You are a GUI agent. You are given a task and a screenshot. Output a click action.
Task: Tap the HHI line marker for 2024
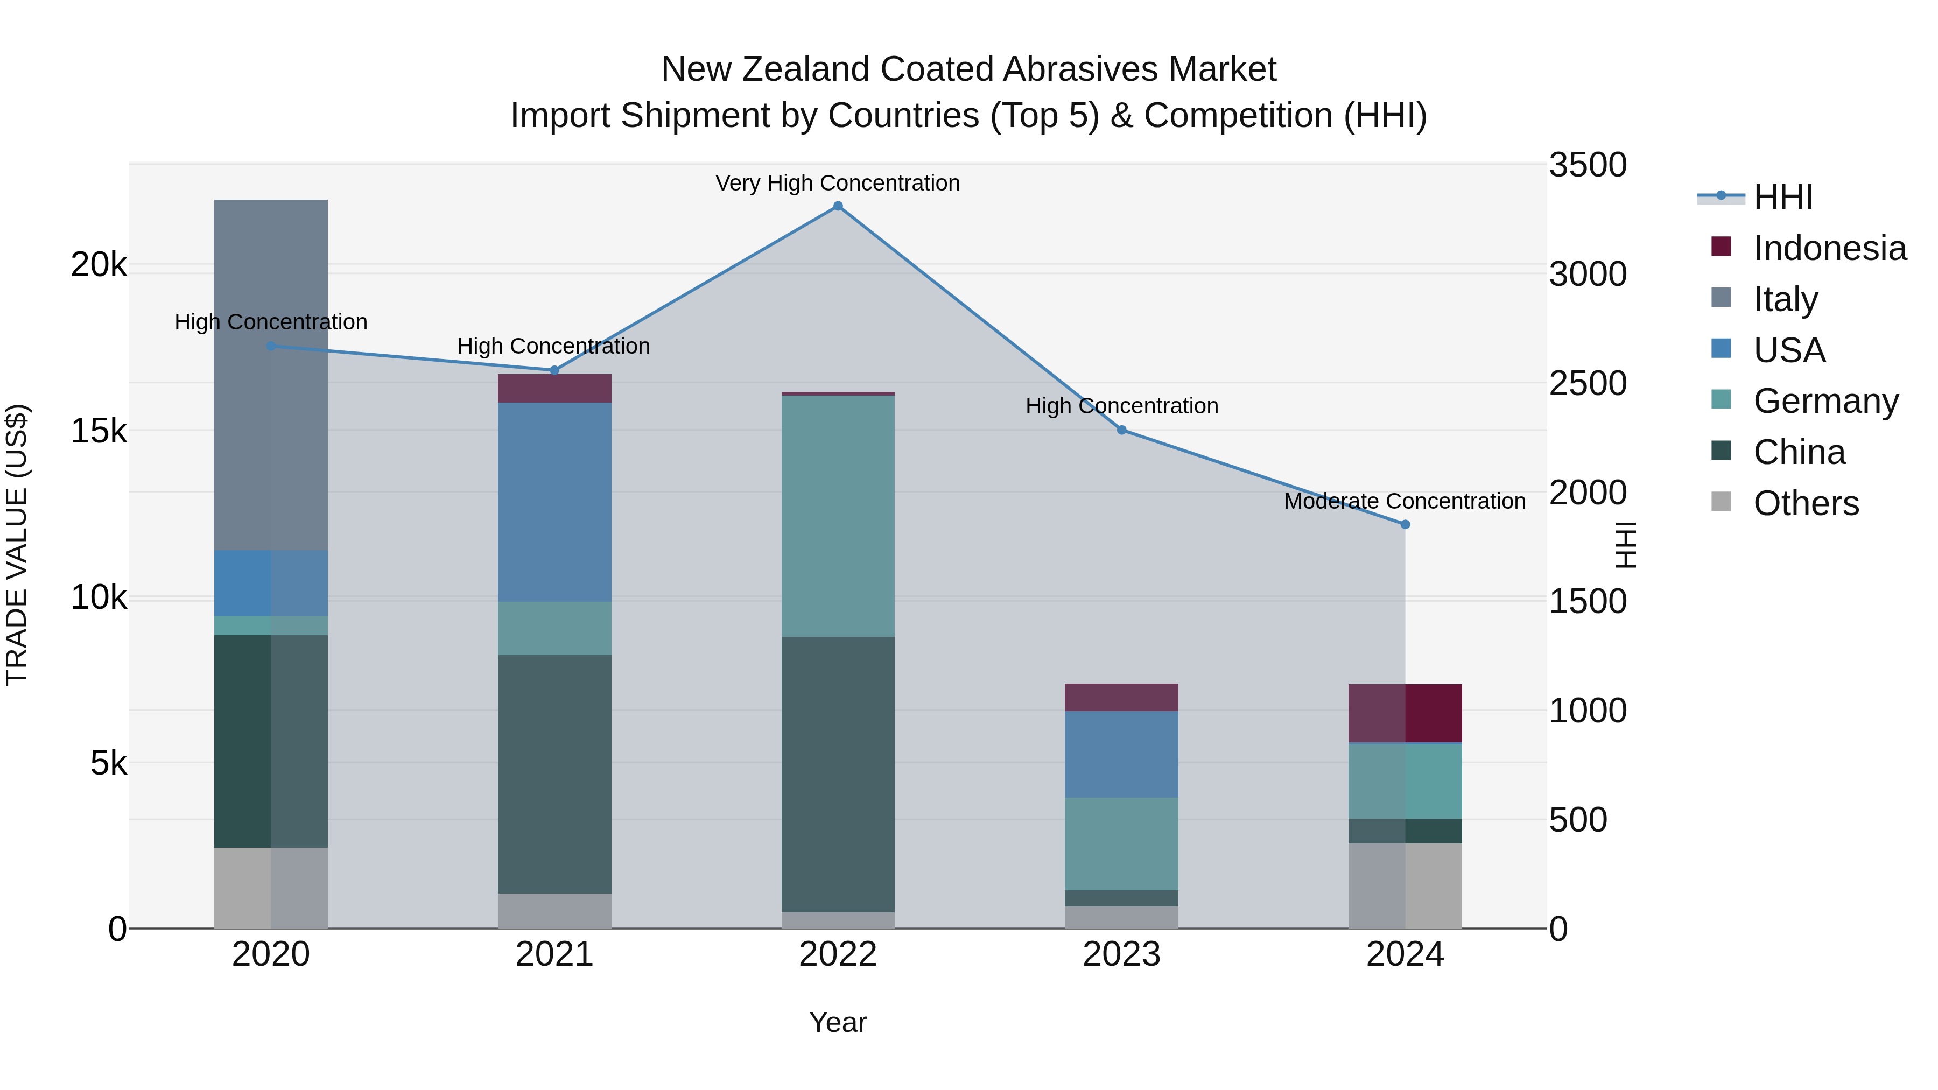pos(1405,524)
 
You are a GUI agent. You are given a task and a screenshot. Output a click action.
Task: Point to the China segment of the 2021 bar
pos(554,774)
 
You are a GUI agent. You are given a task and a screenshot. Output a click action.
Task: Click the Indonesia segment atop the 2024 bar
pos(1405,713)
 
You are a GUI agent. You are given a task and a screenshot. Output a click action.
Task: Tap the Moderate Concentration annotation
pos(1405,501)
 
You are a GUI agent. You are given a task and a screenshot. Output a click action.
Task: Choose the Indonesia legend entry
pos(1829,248)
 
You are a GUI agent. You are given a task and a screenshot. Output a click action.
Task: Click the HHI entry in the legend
pos(1782,197)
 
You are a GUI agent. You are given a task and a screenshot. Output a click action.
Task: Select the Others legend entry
pos(1806,503)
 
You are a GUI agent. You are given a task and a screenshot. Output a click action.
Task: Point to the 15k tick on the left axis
pos(99,431)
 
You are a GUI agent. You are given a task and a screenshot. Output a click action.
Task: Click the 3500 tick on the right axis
pos(1588,165)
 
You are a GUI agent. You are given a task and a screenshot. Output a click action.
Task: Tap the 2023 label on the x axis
pos(1121,954)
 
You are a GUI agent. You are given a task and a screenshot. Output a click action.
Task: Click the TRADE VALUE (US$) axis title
pos(17,545)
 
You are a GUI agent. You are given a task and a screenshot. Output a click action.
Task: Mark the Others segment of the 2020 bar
pos(271,888)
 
